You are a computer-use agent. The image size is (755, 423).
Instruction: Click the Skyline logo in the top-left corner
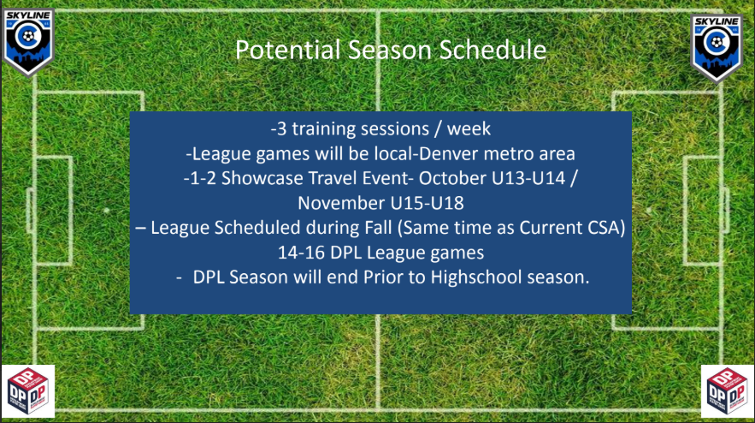point(28,42)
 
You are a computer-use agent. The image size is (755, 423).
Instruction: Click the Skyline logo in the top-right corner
point(717,48)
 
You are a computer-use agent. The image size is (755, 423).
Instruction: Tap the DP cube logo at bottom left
point(28,391)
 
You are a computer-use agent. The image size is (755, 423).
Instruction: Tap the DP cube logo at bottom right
point(727,391)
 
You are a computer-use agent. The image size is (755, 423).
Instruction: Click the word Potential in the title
point(287,50)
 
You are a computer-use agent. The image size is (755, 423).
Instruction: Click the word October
point(452,178)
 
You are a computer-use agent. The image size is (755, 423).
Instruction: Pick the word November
point(341,203)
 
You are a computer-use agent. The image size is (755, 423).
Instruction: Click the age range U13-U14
point(528,178)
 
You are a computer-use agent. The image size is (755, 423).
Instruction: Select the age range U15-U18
point(428,203)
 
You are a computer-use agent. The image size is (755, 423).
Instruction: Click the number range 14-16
point(301,253)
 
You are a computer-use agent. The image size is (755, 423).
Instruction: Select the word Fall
point(378,228)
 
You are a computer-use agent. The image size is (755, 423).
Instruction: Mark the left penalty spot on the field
point(106,211)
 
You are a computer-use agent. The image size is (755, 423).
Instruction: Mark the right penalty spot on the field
point(649,211)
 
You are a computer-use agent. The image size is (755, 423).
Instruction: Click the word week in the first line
point(469,129)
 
